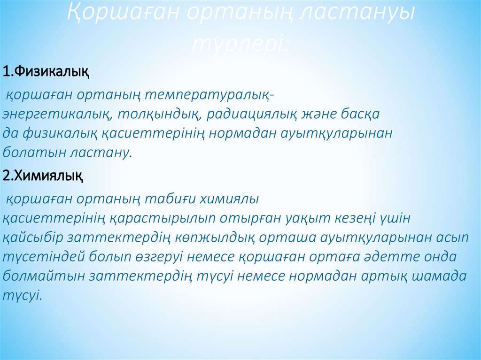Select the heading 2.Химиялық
click(x=43, y=176)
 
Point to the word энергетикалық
click(x=56, y=114)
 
